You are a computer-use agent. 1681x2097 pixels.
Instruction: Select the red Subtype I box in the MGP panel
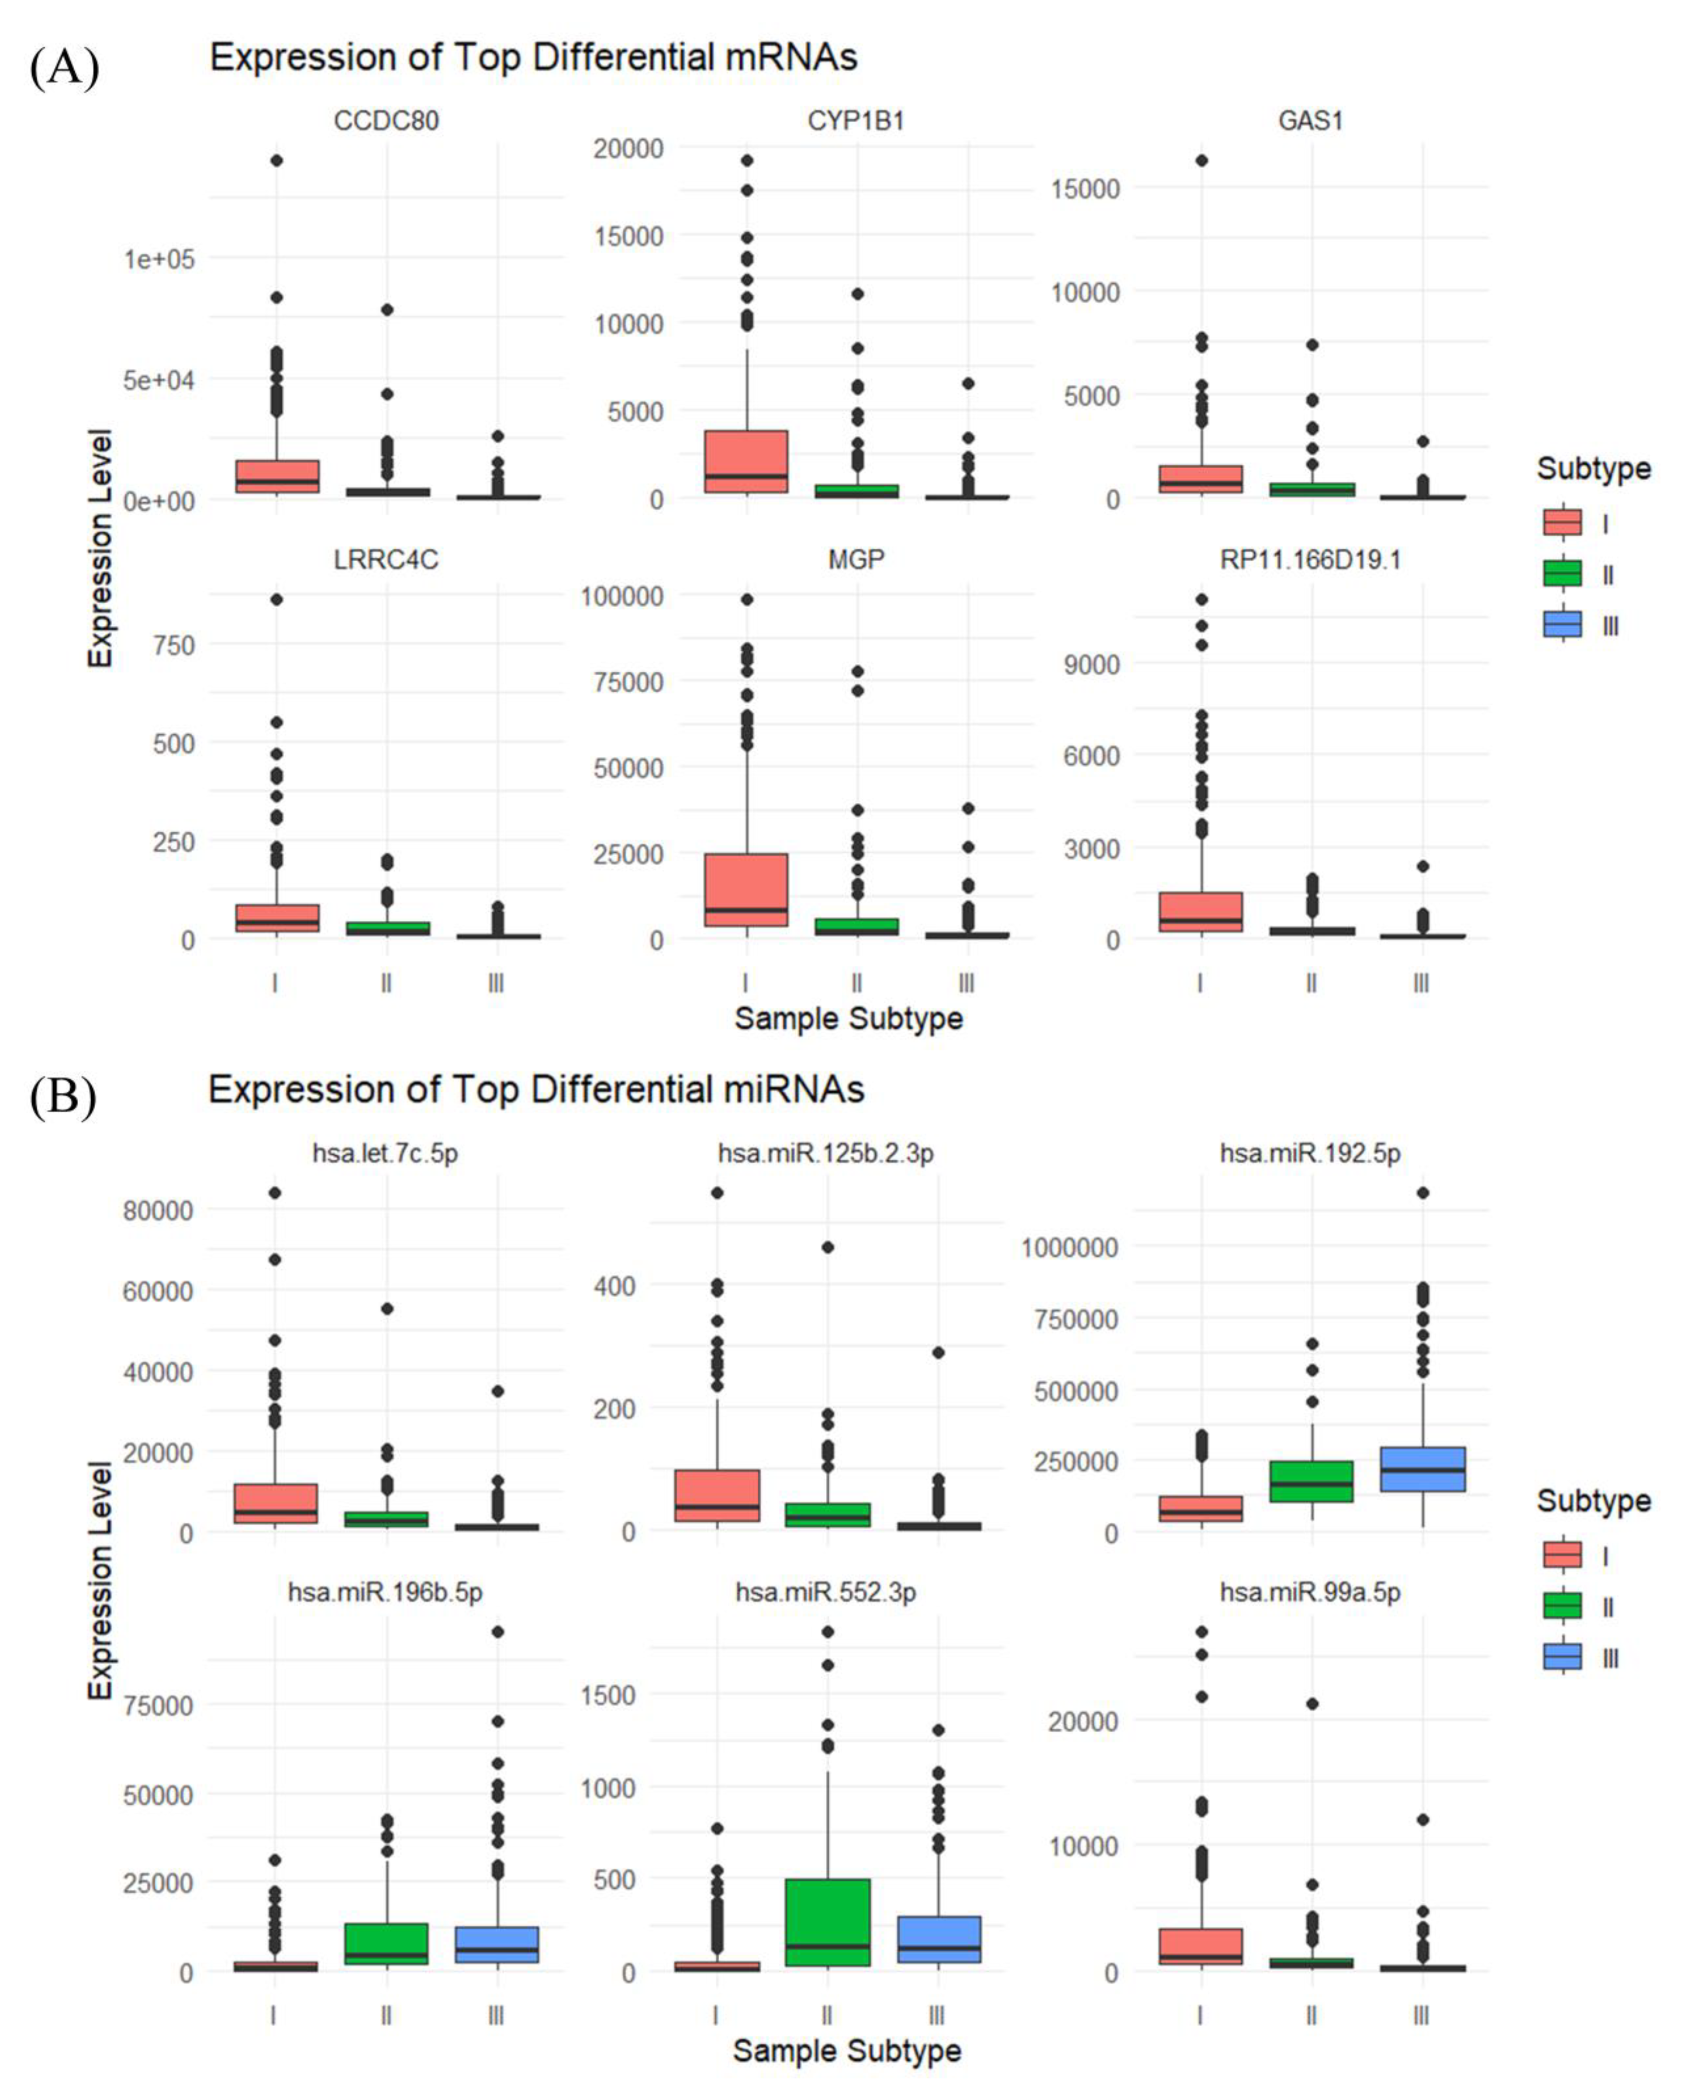click(x=746, y=889)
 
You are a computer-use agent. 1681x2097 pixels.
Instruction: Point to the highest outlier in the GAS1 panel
click(x=1201, y=160)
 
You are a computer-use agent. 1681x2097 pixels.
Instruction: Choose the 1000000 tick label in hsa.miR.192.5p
click(x=1069, y=1247)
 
